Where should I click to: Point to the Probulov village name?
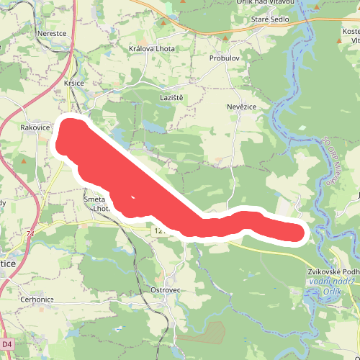225,57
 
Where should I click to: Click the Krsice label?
74,83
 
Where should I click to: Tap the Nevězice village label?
242,107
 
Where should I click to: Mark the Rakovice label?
35,127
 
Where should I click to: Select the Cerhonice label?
37,300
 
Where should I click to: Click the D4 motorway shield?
7,344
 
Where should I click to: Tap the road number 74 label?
30,234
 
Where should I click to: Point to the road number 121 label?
159,231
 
